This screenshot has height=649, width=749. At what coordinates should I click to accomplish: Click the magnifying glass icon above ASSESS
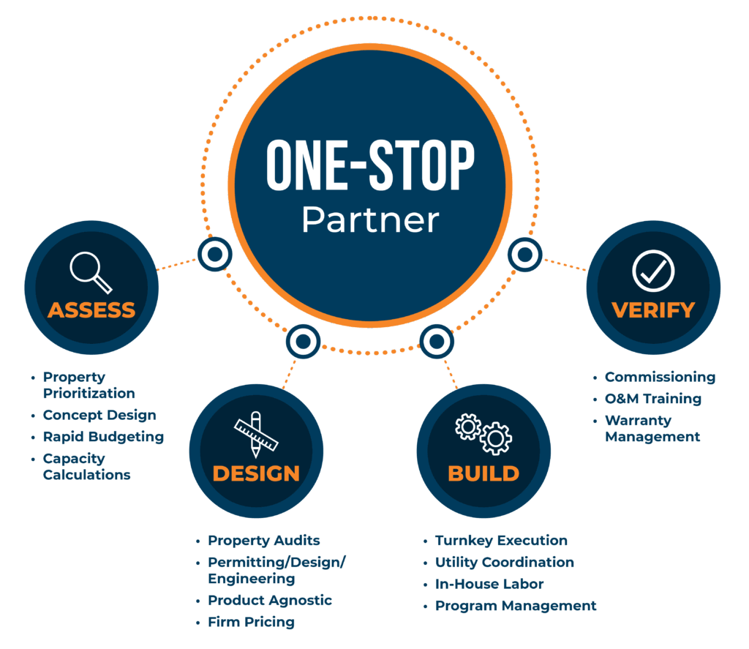tap(91, 272)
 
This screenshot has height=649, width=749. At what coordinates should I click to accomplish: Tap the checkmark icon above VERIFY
tap(653, 271)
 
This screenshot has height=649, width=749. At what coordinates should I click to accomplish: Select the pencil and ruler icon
tap(255, 435)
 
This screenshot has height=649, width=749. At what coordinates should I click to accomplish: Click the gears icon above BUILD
tap(483, 434)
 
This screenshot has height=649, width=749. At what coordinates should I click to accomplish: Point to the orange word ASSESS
tap(91, 310)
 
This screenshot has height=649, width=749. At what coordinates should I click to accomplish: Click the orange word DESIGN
tap(256, 473)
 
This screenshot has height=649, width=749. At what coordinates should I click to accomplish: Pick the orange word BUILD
tap(483, 473)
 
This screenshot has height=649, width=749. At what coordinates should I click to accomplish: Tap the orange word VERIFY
tap(653, 310)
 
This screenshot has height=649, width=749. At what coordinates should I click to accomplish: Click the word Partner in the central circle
tap(370, 220)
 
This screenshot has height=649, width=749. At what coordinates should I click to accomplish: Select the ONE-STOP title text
tap(370, 165)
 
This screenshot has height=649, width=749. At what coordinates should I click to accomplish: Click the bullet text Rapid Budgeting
tap(103, 437)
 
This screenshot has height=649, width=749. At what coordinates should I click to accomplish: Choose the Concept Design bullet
tap(99, 415)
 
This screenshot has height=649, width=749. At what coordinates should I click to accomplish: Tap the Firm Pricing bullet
tap(252, 622)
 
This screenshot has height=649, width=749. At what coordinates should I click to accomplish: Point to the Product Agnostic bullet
tap(270, 600)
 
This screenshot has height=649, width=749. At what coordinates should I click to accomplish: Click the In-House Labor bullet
tap(489, 584)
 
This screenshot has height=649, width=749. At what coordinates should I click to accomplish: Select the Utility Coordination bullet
tap(505, 563)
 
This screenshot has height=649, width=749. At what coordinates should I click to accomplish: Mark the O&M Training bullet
tap(653, 399)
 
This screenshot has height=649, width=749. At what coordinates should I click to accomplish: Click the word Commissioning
tap(660, 377)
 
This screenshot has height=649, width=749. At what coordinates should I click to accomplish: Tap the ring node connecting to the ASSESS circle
tap(215, 254)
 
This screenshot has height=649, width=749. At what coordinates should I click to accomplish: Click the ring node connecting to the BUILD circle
tap(437, 341)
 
